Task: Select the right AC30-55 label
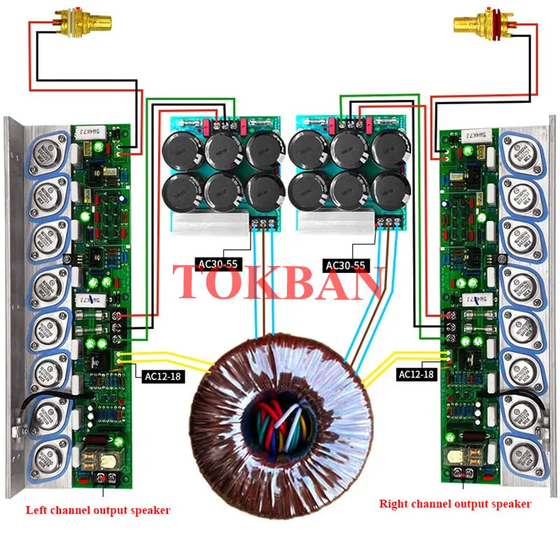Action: tap(346, 265)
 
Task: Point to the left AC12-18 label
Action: tap(162, 377)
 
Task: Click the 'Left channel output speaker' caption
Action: tap(97, 510)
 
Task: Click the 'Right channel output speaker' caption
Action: tap(455, 503)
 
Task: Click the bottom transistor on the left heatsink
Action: tap(48, 456)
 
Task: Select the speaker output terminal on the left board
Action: tap(106, 479)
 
